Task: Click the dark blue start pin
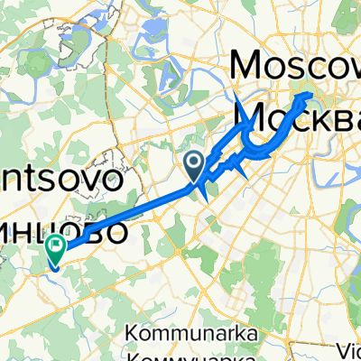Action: (x=193, y=163)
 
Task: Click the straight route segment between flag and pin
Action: (x=126, y=214)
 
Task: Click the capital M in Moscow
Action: (x=252, y=66)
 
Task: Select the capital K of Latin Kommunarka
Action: (x=134, y=335)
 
